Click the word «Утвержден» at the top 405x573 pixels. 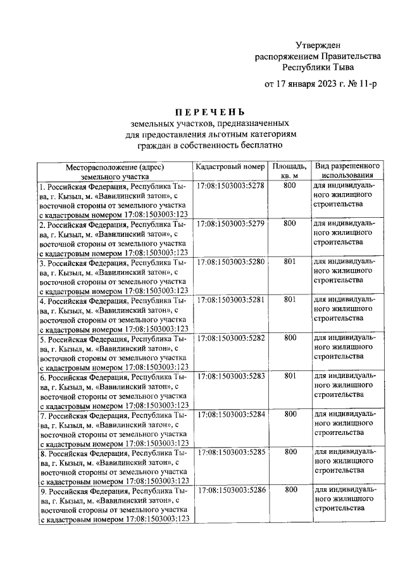(318, 45)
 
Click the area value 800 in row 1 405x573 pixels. (290, 186)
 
